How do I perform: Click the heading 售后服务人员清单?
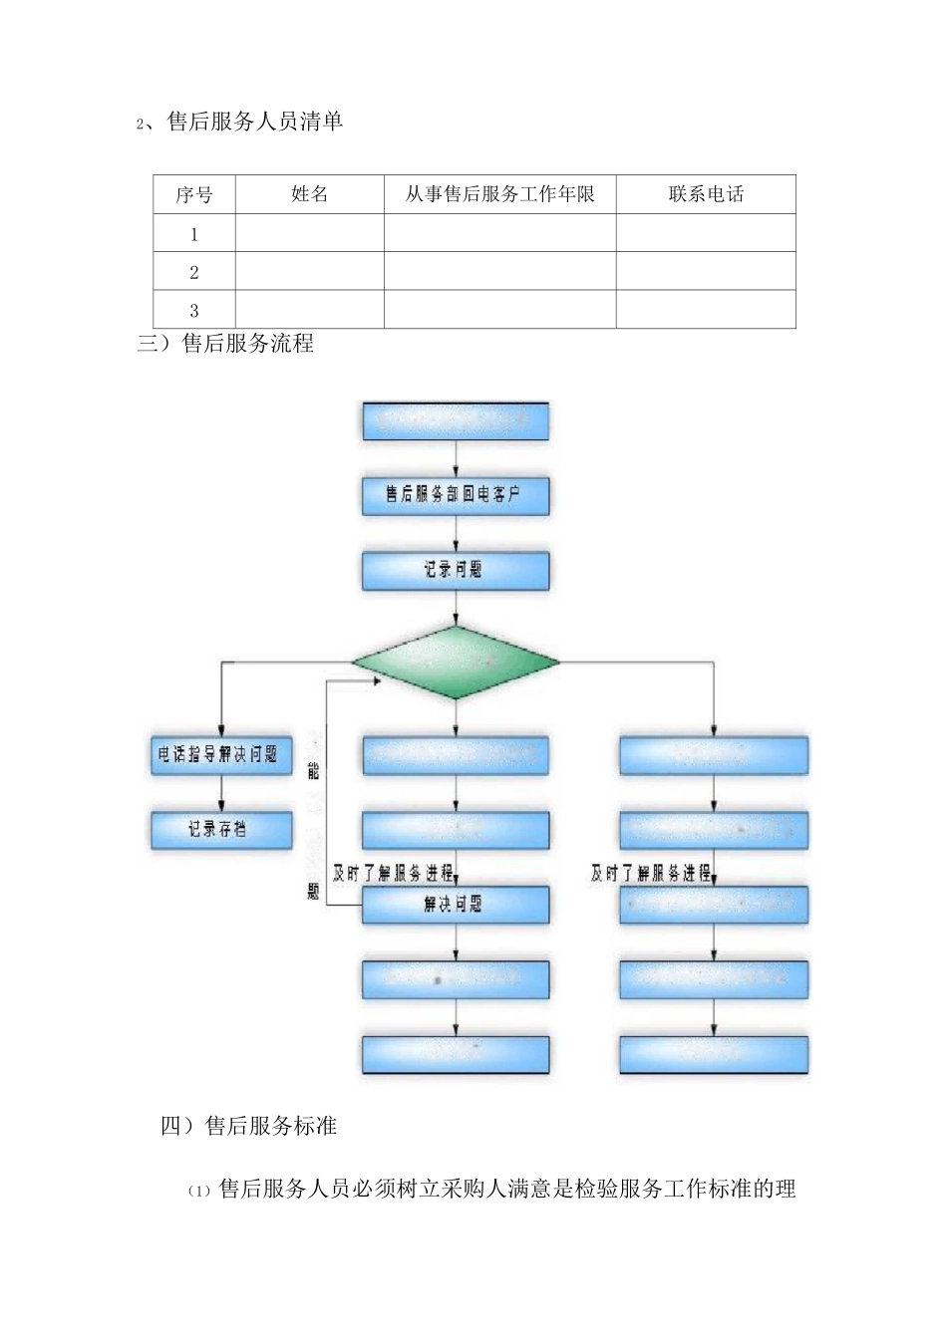[254, 122]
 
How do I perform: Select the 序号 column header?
[193, 194]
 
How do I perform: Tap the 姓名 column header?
[309, 194]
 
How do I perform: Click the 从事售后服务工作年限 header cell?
[499, 194]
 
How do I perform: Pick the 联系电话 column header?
[706, 194]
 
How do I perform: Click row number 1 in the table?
[193, 234]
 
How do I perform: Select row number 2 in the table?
[193, 272]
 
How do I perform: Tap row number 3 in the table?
[193, 310]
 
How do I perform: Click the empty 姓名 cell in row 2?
[309, 271]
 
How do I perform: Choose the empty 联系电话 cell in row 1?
[706, 233]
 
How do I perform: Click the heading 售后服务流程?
[247, 344]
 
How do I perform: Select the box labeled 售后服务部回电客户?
[455, 495]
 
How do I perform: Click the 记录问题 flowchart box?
[455, 570]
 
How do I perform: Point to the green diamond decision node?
[456, 662]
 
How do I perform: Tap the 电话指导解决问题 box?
[221, 755]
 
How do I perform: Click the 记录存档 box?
[221, 829]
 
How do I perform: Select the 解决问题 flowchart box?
[455, 905]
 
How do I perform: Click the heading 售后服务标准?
[270, 1126]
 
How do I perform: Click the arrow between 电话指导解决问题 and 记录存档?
[221, 793]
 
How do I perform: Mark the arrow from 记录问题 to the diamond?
[456, 608]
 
